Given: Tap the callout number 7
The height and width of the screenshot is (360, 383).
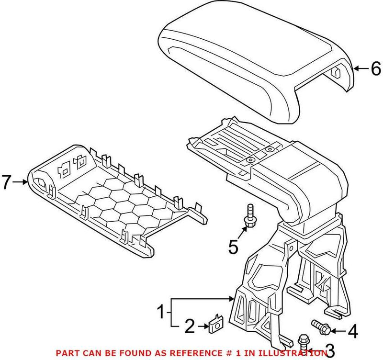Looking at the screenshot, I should click(x=6, y=182).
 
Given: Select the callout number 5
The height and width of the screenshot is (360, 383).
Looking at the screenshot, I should click(x=233, y=247).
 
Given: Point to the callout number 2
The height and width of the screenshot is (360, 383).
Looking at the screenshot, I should click(x=190, y=327).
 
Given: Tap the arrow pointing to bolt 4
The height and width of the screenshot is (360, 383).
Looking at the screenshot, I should click(x=338, y=330).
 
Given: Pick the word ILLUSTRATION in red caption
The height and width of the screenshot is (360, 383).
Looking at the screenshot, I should click(x=296, y=353).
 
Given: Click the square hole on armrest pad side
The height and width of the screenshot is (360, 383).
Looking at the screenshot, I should click(x=337, y=72).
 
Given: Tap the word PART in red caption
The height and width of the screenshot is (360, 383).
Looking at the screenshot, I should click(x=67, y=353).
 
